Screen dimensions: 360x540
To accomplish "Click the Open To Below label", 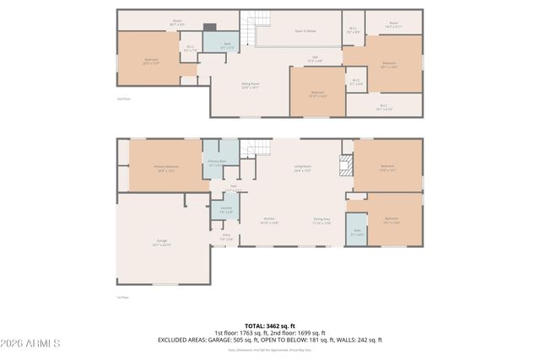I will click(305, 31).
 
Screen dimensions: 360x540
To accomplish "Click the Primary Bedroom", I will click(165, 167).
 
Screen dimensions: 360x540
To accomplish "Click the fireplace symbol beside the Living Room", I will click(344, 164).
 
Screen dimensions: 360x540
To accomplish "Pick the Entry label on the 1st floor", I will click(226, 237).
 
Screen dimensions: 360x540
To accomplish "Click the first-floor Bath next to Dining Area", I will click(358, 231).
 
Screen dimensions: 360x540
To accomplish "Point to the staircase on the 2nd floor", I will click(251, 32).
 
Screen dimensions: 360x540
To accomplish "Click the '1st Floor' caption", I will click(121, 297).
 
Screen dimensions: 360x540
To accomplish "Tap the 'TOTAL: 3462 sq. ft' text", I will click(270, 325).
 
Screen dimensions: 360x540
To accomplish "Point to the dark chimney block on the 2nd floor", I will click(209, 26).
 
